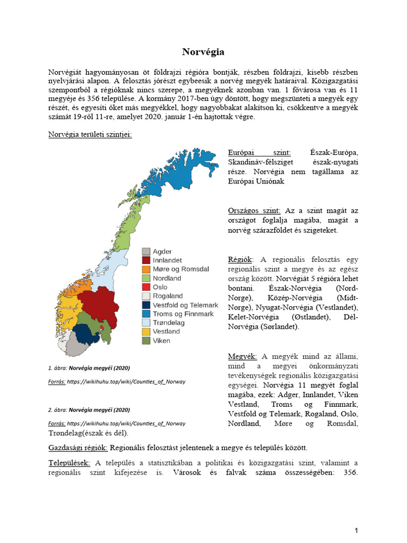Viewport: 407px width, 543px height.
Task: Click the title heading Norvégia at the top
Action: pyautogui.click(x=203, y=52)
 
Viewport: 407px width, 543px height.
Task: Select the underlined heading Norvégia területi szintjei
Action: pyautogui.click(x=90, y=134)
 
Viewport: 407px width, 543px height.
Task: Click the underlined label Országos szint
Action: pyautogui.click(x=254, y=211)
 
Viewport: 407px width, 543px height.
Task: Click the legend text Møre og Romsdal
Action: pyautogui.click(x=181, y=269)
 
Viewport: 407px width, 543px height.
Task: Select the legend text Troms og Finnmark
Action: pyautogui.click(x=183, y=314)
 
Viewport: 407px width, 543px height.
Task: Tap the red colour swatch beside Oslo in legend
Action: pyautogui.click(x=146, y=287)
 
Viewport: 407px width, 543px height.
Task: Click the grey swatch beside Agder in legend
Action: pyautogui.click(x=146, y=251)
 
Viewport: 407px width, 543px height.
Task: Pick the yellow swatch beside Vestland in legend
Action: pyautogui.click(x=146, y=331)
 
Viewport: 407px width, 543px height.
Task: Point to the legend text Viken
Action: pyautogui.click(x=162, y=340)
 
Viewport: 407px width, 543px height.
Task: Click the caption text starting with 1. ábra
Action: pyautogui.click(x=89, y=367)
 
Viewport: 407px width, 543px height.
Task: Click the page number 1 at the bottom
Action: pyautogui.click(x=357, y=530)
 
